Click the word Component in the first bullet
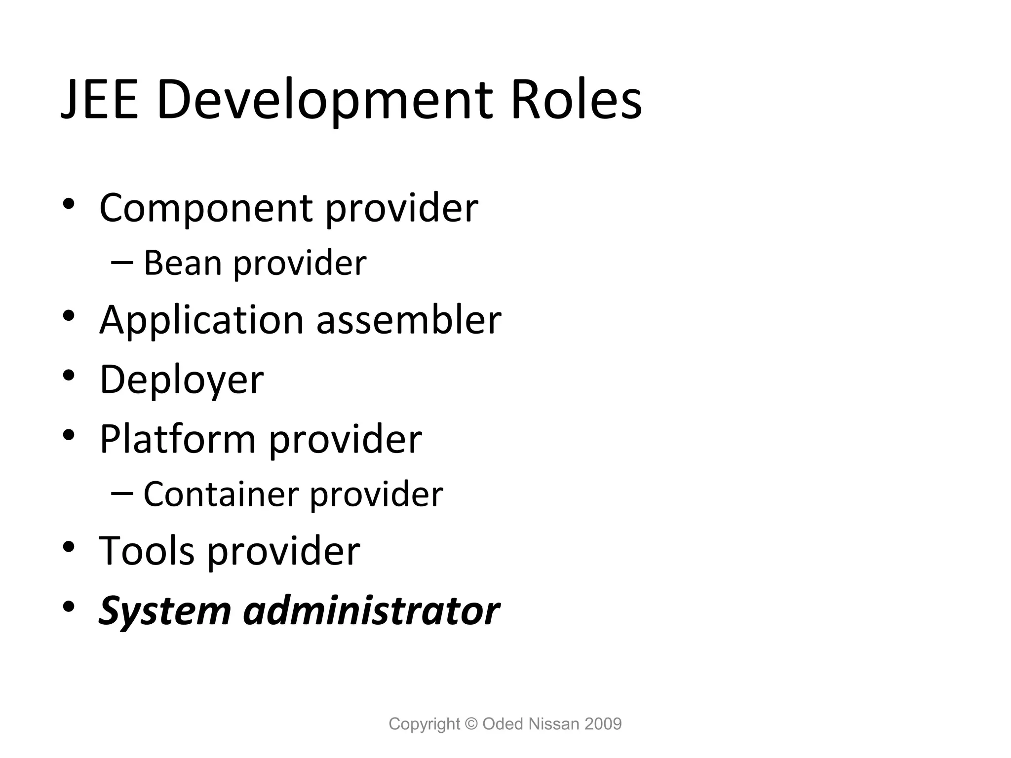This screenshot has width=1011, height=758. click(x=206, y=208)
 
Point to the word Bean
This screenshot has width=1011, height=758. click(x=182, y=263)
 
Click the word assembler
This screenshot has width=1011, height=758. click(x=409, y=320)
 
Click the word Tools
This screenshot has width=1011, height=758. click(x=147, y=550)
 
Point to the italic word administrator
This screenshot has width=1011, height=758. click(x=372, y=611)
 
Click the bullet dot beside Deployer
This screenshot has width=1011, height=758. click(x=69, y=375)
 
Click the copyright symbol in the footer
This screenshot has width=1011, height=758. click(x=471, y=724)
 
